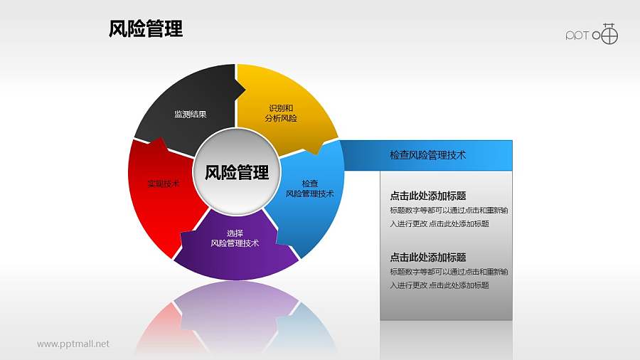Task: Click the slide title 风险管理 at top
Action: pos(146,29)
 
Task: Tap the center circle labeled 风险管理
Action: pos(237,172)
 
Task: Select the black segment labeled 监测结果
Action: pos(190,114)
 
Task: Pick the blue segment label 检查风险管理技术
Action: pos(309,188)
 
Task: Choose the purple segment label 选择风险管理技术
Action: pos(235,238)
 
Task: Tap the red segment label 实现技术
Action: pos(163,184)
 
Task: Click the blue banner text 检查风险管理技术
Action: pos(428,154)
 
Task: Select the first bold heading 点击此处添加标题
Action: pos(428,196)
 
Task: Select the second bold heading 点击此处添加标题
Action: pos(428,258)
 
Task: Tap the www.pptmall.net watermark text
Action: pos(73,344)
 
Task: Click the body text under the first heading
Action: pos(448,217)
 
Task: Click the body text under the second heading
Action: pos(448,278)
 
